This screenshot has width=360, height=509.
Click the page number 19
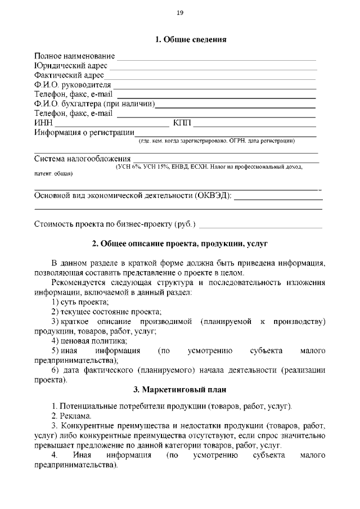tap(180, 13)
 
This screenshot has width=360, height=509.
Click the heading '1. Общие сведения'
tap(191, 40)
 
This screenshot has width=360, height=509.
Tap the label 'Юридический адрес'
tap(71, 66)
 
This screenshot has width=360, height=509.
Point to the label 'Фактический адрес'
tap(69, 75)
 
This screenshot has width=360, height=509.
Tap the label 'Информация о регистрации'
tap(84, 133)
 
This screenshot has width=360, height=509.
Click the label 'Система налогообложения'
tap(79, 160)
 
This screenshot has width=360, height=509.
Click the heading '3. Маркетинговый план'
tap(179, 390)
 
